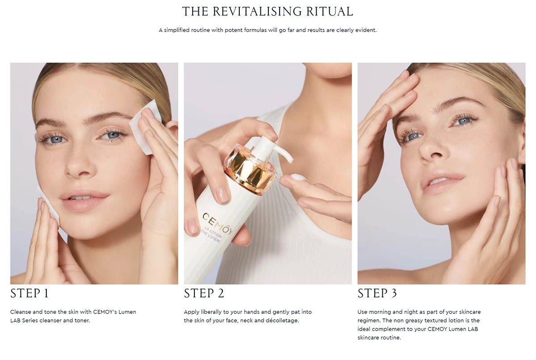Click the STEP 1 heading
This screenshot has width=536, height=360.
29,293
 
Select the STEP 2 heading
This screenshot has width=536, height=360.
204,293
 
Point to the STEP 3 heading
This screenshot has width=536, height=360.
377,293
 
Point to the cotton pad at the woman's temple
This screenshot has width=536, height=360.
145,127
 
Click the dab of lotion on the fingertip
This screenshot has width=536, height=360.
298,177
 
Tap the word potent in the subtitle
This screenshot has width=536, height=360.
234,30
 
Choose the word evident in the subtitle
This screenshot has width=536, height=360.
366,30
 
